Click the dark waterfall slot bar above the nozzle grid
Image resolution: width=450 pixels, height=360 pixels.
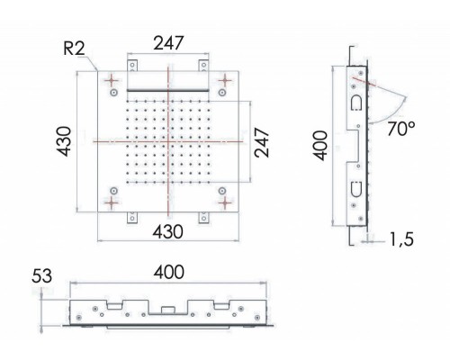(168, 90)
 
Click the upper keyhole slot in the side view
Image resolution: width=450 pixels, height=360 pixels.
(355, 102)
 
